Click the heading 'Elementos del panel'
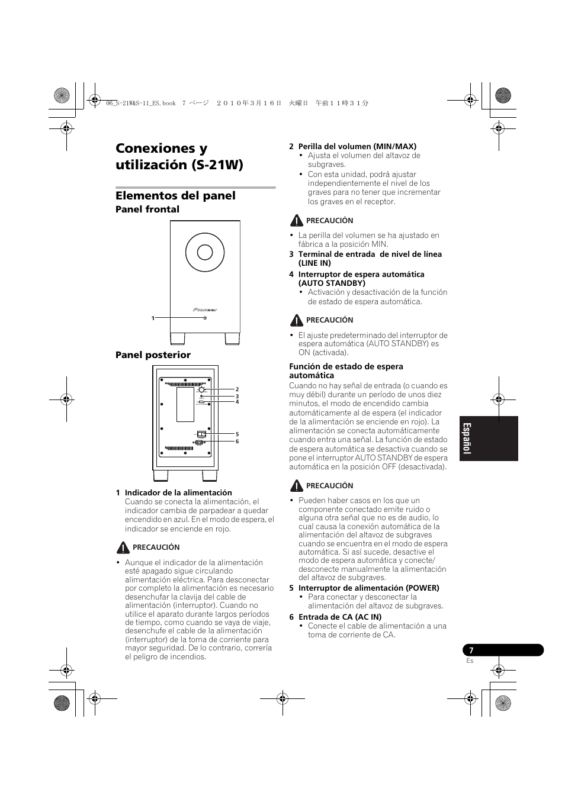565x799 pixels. pyautogui.click(x=175, y=196)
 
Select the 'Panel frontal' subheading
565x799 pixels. pyautogui.click(x=147, y=210)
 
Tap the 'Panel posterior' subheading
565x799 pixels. pyautogui.click(x=153, y=355)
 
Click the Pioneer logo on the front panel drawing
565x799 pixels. pyautogui.click(x=205, y=309)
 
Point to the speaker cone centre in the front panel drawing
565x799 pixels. pyautogui.click(x=205, y=253)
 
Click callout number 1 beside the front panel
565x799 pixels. pyautogui.click(x=153, y=318)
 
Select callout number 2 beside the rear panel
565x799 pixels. pyautogui.click(x=237, y=389)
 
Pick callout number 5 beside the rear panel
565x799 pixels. pyautogui.click(x=237, y=434)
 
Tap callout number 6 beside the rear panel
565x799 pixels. pyautogui.click(x=237, y=442)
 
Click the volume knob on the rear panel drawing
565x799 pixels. pyautogui.click(x=202, y=389)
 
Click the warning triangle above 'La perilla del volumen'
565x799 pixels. pyautogui.click(x=296, y=221)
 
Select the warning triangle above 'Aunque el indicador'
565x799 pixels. pyautogui.click(x=123, y=547)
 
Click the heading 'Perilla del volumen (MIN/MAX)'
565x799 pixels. pyautogui.click(x=357, y=146)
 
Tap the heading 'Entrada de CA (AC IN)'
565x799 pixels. pyautogui.click(x=339, y=617)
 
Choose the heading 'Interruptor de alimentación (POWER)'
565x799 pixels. pyautogui.click(x=368, y=588)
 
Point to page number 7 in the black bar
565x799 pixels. pyautogui.click(x=471, y=650)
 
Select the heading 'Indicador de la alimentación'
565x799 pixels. pyautogui.click(x=178, y=492)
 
